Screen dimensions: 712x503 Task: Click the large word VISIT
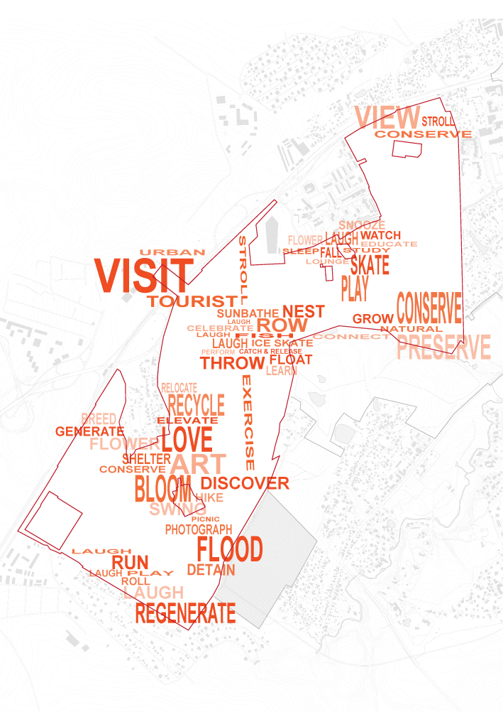click(143, 274)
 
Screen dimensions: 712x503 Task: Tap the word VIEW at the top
click(387, 117)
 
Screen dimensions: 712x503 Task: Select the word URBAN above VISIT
click(172, 252)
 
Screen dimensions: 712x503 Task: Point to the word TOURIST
click(192, 301)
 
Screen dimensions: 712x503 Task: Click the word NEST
click(303, 311)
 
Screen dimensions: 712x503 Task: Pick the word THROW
click(231, 363)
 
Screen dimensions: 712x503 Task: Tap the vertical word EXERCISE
click(248, 422)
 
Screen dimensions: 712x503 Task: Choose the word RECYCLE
click(196, 406)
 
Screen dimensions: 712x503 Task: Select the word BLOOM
click(162, 489)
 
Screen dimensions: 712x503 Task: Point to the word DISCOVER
click(250, 483)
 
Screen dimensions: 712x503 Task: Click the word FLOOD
click(229, 549)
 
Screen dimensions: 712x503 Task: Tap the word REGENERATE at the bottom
click(184, 613)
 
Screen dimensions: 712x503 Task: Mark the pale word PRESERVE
click(443, 348)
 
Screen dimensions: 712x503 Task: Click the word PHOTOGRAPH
click(199, 529)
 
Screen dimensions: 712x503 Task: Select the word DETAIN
click(211, 570)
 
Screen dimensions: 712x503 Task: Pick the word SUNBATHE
click(248, 313)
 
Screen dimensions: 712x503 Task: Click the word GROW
click(372, 319)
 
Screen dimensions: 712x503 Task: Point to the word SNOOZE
click(362, 225)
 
